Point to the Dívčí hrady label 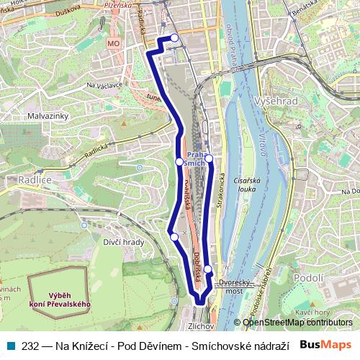point(123,242)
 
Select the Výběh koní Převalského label point(60,300)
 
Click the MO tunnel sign point(112,44)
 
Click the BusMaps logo point(325,344)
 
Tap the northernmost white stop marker point(174,38)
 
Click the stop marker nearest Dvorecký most point(208,269)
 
